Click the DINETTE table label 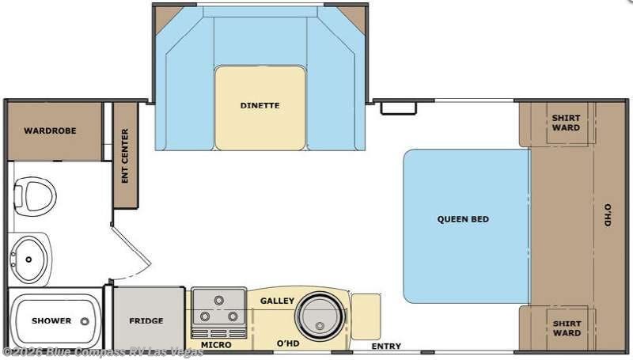260,105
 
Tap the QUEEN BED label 463,219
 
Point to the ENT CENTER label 125,156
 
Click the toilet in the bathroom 35,192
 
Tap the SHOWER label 51,320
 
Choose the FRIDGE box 146,320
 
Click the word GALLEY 277,301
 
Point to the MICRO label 215,346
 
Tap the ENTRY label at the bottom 386,347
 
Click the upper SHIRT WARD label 566,123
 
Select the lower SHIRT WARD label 566,328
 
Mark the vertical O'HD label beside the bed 608,215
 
